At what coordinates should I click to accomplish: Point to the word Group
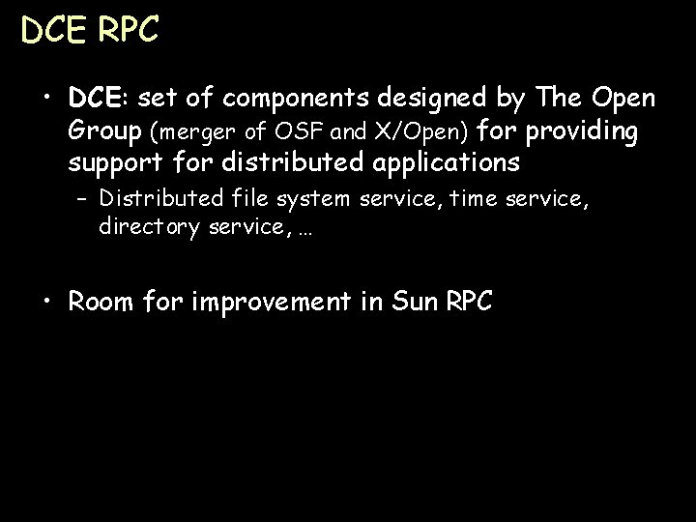[99, 130]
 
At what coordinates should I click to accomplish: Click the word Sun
[416, 302]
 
